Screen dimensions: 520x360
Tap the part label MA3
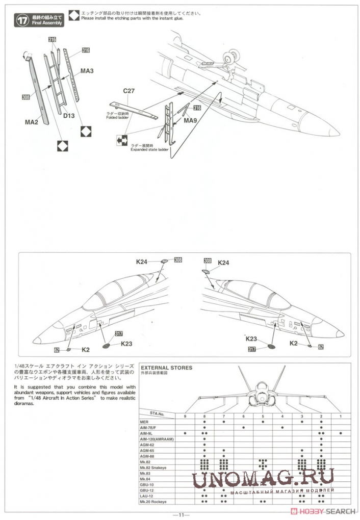[86, 71]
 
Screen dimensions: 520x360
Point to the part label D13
[69, 116]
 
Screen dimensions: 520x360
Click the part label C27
[129, 91]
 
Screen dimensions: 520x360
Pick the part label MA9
[190, 120]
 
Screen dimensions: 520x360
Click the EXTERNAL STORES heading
[166, 367]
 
